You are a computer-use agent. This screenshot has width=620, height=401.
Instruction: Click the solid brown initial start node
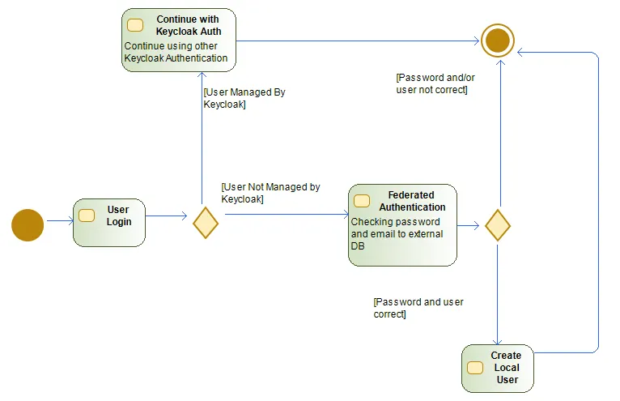pos(28,224)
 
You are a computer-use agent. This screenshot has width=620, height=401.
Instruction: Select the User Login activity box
pos(108,222)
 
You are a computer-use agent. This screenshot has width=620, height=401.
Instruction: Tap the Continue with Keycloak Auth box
pos(179,40)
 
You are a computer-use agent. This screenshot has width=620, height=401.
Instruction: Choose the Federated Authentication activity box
pos(402,224)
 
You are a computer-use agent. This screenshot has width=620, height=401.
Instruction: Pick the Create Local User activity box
pos(497,369)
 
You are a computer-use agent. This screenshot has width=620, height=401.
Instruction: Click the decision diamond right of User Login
pos(206,222)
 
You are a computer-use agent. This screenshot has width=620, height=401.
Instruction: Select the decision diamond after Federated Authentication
pos(497,224)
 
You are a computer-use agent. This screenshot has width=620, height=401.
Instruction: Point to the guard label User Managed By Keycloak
pos(244,98)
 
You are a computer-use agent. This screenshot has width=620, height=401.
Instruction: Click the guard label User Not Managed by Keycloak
pos(270,193)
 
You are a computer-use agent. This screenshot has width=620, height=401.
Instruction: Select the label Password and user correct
pos(418,308)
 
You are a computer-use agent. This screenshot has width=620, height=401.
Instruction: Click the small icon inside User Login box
pos(87,216)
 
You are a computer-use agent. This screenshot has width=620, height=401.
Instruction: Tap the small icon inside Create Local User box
pos(475,368)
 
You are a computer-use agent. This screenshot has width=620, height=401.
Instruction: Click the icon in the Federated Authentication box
pos(362,201)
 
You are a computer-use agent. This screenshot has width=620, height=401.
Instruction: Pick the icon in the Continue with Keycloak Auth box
pos(135,25)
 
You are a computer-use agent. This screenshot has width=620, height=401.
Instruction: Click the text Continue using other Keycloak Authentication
pos(176,53)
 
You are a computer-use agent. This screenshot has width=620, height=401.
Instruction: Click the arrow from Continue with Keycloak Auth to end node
pos(356,41)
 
